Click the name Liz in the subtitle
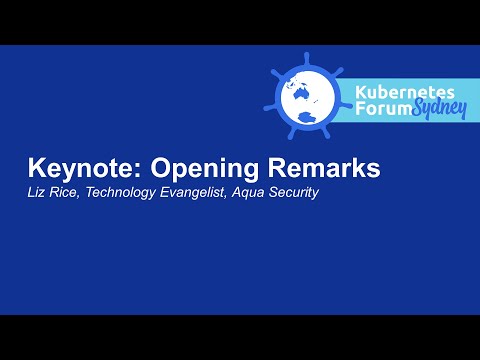tap(38, 192)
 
